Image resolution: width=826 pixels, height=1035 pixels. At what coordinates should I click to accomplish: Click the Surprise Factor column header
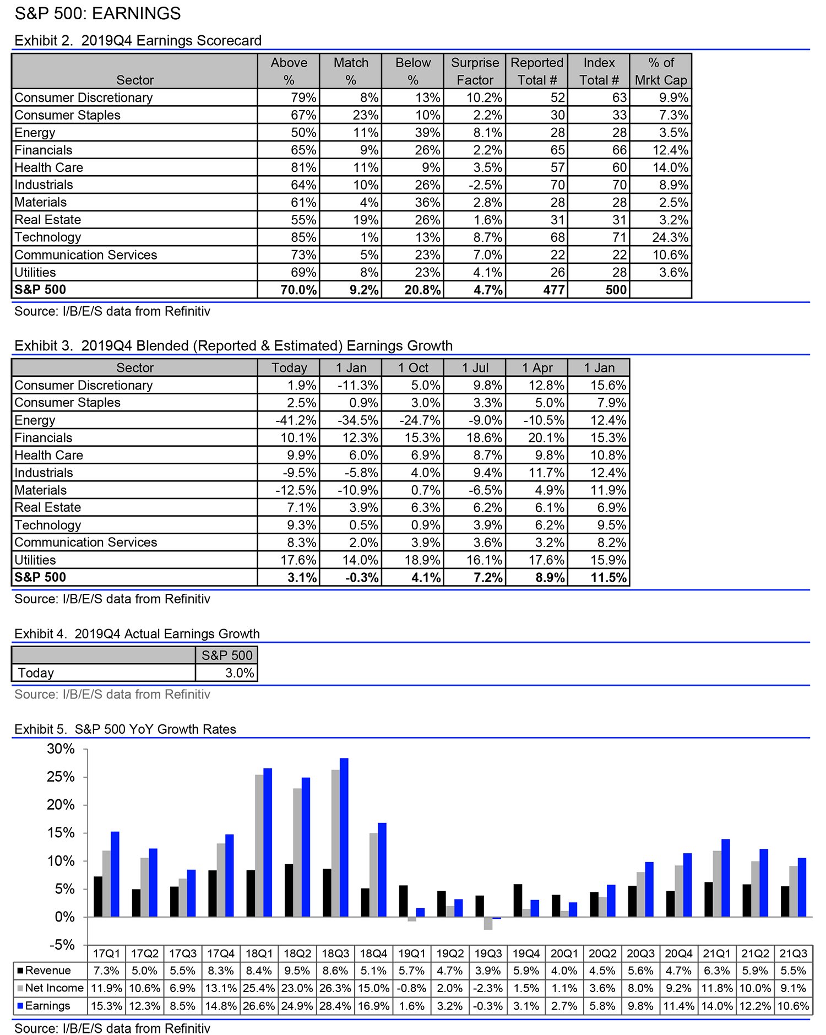pos(475,71)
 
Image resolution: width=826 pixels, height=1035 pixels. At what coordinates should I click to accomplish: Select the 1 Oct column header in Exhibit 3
pos(413,368)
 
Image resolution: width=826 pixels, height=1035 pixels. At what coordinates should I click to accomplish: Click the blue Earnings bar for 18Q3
pos(344,837)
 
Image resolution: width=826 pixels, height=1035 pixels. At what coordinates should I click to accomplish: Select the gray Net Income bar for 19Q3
pos(488,923)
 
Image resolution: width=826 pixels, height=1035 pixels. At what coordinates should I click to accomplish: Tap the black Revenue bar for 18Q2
pos(289,890)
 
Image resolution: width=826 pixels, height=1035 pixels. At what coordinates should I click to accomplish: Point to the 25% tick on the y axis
pos(61,777)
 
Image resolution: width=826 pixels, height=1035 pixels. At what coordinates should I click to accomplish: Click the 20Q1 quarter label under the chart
pos(564,953)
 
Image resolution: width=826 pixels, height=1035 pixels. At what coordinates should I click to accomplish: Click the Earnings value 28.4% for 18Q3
pos(335,1006)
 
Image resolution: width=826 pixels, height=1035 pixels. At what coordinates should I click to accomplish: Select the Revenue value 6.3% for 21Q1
pos(716,971)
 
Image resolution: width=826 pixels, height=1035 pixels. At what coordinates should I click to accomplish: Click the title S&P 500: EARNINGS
pos(97,13)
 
